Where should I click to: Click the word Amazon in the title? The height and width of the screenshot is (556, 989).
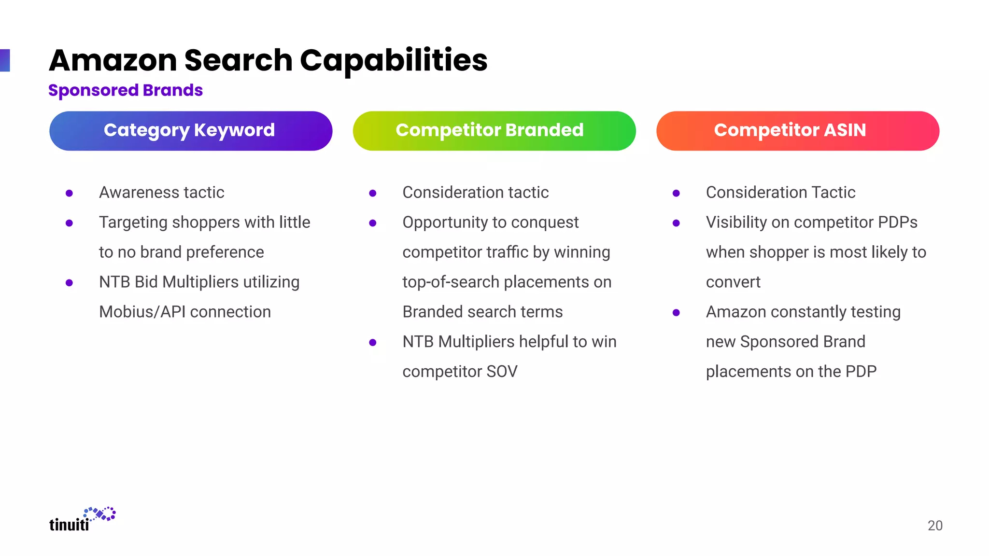(113, 61)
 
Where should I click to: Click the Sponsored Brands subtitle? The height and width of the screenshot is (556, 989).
(126, 90)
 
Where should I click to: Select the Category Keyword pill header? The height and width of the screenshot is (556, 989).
(191, 131)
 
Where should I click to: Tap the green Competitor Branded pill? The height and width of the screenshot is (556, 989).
(494, 131)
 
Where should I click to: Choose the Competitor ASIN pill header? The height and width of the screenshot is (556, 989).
(797, 131)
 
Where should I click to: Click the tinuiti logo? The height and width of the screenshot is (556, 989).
(82, 520)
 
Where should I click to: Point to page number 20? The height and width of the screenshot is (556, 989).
(935, 526)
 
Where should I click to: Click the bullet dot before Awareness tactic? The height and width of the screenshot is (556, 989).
(69, 193)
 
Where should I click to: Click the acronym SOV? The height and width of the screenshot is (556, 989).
(502, 372)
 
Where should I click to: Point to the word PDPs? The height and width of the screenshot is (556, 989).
(897, 222)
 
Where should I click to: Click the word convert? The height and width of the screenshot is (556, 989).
(733, 282)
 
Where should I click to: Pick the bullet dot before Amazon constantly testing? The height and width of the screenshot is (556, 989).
(676, 313)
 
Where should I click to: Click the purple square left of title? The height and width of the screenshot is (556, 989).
(5, 60)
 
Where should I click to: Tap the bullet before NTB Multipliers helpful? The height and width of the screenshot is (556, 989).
(372, 343)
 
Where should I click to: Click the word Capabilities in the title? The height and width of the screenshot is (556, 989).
(393, 61)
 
